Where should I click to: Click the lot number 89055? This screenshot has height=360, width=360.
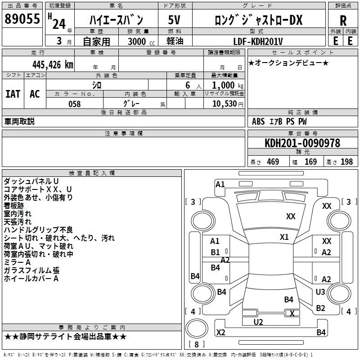(x=22, y=19)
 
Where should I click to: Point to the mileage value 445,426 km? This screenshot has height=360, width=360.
(x=52, y=64)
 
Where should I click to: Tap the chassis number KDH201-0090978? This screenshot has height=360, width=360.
(x=302, y=143)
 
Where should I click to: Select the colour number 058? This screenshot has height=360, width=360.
(x=74, y=104)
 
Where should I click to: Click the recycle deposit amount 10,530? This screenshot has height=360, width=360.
(x=224, y=104)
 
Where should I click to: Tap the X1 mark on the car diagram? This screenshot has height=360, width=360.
(x=284, y=237)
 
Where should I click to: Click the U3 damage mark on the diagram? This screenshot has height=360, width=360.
(x=320, y=292)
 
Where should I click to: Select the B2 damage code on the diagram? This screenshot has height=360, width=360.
(x=320, y=308)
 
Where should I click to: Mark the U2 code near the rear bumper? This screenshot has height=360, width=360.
(x=258, y=322)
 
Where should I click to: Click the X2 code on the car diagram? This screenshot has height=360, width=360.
(x=220, y=333)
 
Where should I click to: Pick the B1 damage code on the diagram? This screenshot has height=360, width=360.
(x=216, y=252)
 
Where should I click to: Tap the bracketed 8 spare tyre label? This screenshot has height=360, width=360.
(x=196, y=345)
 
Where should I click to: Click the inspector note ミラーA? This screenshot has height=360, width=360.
(x=17, y=262)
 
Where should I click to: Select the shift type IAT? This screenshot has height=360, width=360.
(x=13, y=94)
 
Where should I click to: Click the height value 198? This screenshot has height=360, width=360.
(x=346, y=162)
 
